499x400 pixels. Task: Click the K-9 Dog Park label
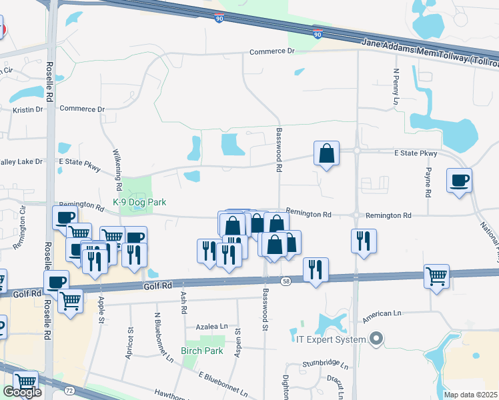(x=139, y=202)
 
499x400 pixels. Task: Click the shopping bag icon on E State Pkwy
(x=327, y=154)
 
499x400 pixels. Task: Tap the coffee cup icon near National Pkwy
(x=460, y=180)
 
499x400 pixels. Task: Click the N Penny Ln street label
(x=396, y=86)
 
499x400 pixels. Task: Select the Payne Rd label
(x=427, y=177)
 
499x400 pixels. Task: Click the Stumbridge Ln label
(x=326, y=365)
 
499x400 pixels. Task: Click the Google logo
(x=22, y=392)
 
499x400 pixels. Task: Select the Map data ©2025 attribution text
(x=470, y=395)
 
